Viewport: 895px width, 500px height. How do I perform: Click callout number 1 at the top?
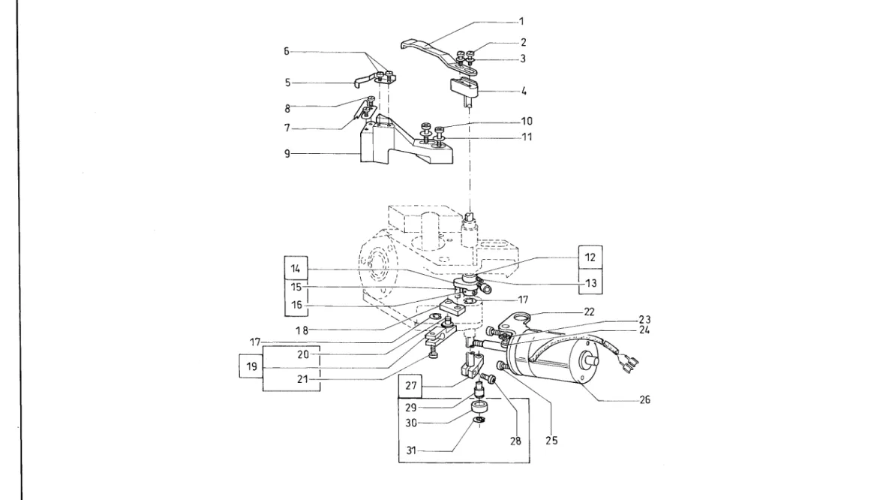(521, 22)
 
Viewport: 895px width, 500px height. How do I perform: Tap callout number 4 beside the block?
(524, 91)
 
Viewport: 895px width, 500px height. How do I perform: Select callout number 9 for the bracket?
(287, 154)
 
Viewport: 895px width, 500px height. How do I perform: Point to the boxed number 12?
(590, 258)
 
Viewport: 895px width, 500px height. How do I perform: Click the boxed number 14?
(296, 269)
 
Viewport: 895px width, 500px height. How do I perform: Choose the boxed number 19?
(252, 366)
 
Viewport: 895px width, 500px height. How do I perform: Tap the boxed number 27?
(411, 386)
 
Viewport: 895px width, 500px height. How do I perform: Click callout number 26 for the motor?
(644, 400)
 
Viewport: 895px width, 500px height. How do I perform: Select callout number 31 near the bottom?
(412, 450)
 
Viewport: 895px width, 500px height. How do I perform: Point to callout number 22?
(589, 312)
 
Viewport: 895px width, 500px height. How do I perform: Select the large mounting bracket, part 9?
(400, 143)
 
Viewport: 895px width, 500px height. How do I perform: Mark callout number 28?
(515, 441)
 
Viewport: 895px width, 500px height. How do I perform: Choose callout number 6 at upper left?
(287, 52)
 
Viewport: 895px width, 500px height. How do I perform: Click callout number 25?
(551, 441)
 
